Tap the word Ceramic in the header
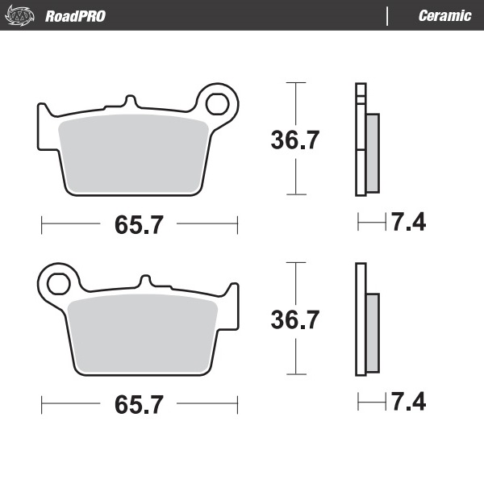click(444, 16)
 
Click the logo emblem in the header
click(23, 15)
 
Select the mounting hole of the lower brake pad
click(58, 283)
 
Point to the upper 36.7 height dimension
click(295, 140)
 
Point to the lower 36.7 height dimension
click(295, 319)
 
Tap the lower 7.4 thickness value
click(408, 401)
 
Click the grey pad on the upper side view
click(372, 152)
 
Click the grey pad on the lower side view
click(372, 332)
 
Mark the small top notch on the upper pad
click(130, 102)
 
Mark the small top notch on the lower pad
click(145, 282)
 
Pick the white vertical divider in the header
click(388, 16)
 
